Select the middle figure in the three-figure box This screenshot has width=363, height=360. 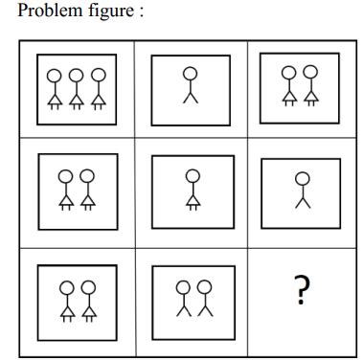77,89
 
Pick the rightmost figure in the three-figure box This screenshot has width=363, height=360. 97,89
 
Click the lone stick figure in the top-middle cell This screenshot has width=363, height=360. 192,84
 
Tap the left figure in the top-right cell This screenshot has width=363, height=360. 289,86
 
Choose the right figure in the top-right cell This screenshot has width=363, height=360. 309,86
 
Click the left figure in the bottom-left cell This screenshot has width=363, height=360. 67,300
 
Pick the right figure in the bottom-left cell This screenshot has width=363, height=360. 87,300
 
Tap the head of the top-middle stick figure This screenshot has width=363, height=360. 192,71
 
